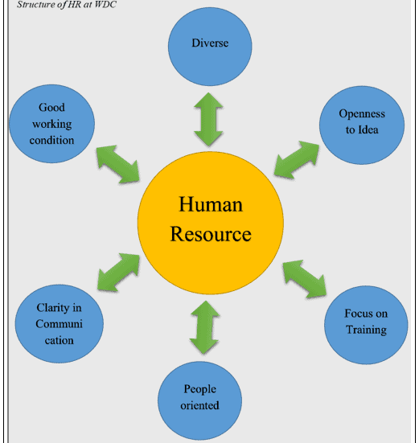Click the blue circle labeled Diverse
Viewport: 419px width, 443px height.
coord(211,47)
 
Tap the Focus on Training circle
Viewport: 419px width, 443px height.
coord(366,321)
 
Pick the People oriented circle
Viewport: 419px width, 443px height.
coord(199,397)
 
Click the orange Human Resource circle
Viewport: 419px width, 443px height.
coord(210,219)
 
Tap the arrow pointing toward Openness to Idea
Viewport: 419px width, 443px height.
coord(296,158)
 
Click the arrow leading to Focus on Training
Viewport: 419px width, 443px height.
coord(305,277)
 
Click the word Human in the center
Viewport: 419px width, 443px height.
coord(210,204)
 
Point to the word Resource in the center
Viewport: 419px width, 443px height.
coord(210,234)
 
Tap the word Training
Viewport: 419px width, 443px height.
coord(366,330)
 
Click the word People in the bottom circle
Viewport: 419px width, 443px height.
coord(199,390)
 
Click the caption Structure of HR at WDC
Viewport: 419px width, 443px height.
coord(64,5)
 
